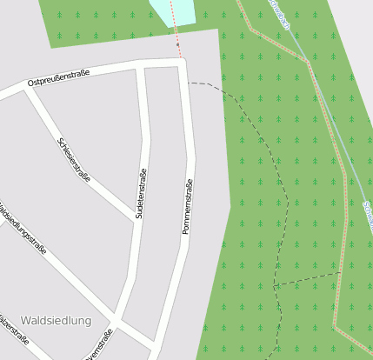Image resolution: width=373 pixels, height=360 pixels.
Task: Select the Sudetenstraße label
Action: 141,194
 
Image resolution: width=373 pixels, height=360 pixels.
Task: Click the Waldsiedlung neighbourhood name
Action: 56,321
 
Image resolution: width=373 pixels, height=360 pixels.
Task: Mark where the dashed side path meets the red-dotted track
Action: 341,273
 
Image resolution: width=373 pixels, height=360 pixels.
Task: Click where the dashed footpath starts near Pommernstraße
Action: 189,83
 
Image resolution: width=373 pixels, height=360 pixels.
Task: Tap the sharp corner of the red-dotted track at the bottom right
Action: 336,326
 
